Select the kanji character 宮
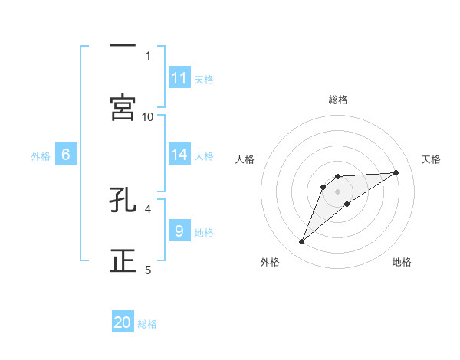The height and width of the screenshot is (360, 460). click(x=123, y=108)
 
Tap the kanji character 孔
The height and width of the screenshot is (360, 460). click(x=123, y=201)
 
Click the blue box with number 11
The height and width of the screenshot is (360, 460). click(x=179, y=78)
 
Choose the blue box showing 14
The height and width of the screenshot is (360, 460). click(x=179, y=155)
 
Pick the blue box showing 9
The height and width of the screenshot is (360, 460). click(x=179, y=231)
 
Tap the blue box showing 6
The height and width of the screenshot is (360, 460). click(x=66, y=155)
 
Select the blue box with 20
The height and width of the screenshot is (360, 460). click(x=123, y=322)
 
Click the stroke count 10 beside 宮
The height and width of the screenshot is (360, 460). click(x=148, y=116)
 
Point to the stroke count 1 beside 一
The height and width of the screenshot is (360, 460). click(x=148, y=55)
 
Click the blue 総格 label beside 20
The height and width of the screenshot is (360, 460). click(x=147, y=324)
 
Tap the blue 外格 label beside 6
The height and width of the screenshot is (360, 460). click(x=41, y=155)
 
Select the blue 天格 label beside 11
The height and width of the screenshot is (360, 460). click(x=204, y=79)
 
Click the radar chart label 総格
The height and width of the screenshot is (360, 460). click(x=338, y=100)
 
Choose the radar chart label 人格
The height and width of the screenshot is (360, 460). click(x=245, y=159)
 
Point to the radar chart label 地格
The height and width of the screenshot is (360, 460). click(x=402, y=262)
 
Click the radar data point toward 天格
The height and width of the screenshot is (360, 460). click(x=396, y=172)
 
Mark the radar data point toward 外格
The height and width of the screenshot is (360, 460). click(x=301, y=242)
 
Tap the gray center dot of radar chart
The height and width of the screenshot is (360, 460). click(x=338, y=191)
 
